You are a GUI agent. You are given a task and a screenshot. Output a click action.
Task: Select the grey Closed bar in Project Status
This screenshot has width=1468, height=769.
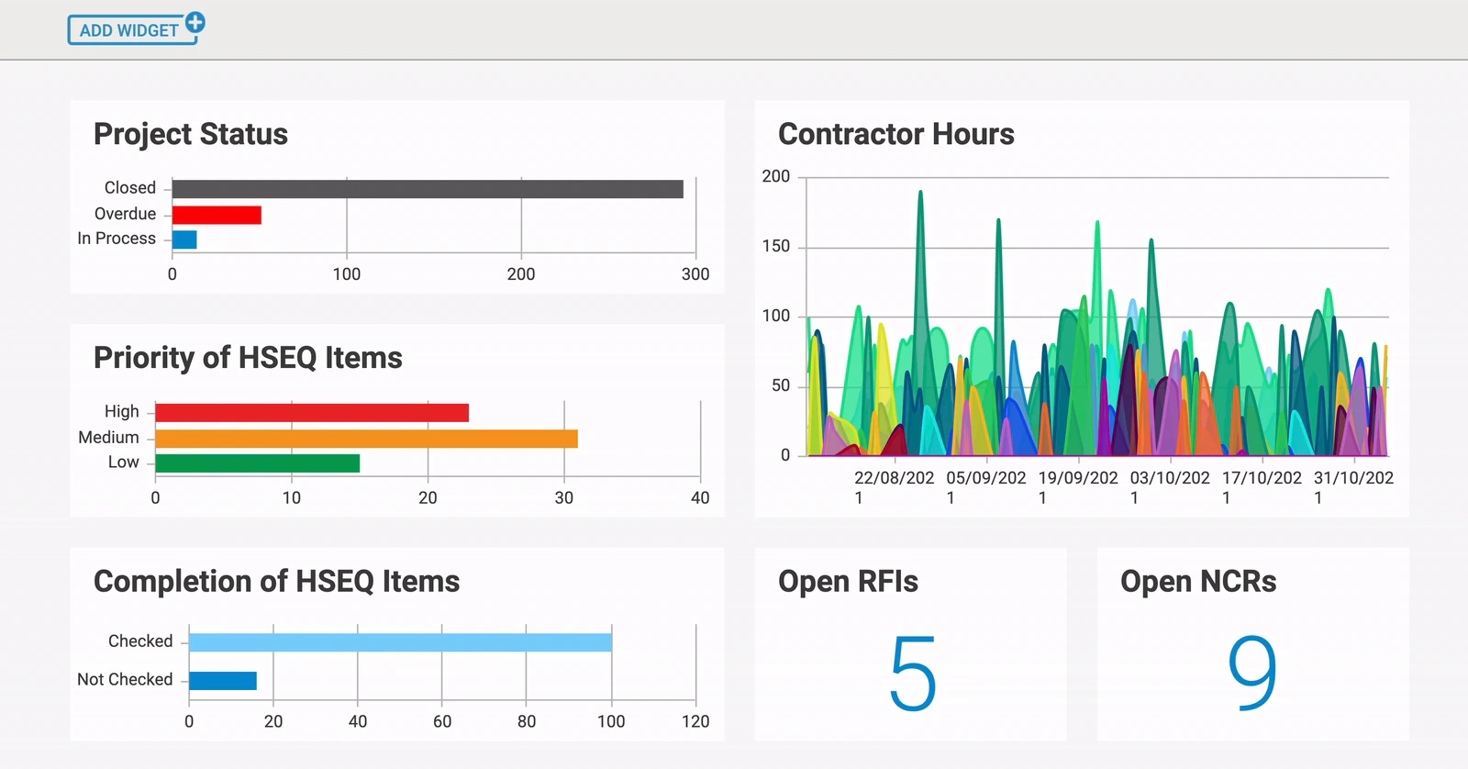428,189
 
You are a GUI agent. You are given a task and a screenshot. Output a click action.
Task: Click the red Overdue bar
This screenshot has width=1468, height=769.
217,215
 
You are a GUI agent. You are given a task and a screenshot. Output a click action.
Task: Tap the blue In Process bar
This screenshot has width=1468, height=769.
184,240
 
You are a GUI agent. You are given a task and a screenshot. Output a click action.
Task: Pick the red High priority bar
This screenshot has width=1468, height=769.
312,412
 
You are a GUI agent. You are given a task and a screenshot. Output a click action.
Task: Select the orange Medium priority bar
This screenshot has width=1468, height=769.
366,439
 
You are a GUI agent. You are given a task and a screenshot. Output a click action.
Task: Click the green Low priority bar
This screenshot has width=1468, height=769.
258,463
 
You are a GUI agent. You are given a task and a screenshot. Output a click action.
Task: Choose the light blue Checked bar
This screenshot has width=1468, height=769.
400,642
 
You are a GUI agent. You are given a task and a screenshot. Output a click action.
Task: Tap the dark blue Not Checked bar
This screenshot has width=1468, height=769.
223,681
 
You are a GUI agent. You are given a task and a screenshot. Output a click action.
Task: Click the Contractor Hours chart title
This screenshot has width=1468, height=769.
895,134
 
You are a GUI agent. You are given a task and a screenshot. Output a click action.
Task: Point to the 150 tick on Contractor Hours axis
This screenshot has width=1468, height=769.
776,246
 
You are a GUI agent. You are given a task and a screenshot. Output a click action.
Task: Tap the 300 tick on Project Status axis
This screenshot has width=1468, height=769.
695,274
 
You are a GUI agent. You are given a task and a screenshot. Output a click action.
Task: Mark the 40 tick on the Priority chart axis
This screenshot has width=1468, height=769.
700,497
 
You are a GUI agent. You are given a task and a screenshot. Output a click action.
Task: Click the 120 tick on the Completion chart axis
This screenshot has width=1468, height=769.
695,722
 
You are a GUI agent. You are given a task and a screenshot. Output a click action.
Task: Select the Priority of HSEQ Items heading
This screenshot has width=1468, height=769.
248,358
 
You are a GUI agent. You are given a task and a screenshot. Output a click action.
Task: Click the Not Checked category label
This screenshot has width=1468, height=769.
125,679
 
